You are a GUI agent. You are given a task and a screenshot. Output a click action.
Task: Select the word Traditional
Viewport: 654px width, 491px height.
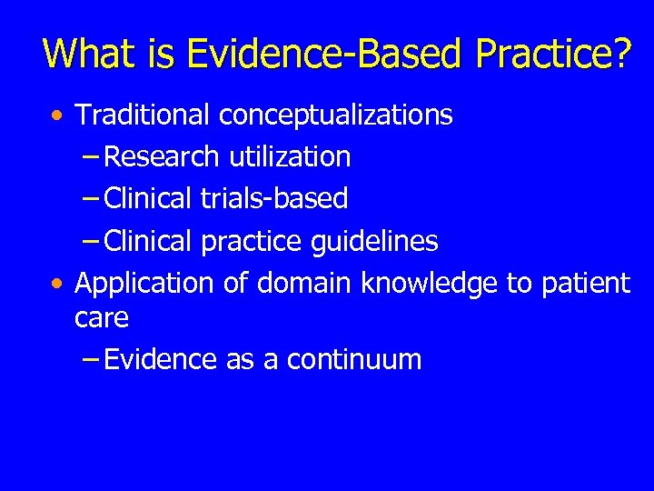pyautogui.click(x=143, y=115)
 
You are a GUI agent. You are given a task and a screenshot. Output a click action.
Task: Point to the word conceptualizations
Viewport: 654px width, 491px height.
pyautogui.click(x=335, y=115)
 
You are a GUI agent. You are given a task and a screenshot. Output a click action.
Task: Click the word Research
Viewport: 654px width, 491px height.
pyautogui.click(x=162, y=156)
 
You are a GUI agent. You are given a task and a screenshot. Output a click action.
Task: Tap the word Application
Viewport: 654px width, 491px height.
pyautogui.click(x=144, y=284)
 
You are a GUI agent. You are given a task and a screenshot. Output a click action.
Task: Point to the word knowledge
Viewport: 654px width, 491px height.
pyautogui.click(x=429, y=284)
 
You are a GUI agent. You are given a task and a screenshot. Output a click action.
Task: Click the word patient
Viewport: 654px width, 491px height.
pyautogui.click(x=586, y=284)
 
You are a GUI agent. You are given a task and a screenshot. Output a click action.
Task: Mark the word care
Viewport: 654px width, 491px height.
pyautogui.click(x=102, y=318)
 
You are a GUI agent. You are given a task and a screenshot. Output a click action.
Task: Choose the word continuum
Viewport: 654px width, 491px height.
pyautogui.click(x=354, y=360)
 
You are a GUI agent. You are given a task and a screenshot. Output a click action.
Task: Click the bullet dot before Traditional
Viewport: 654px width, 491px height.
pyautogui.click(x=58, y=116)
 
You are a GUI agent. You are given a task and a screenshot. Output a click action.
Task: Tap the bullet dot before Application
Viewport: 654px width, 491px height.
pyautogui.click(x=58, y=285)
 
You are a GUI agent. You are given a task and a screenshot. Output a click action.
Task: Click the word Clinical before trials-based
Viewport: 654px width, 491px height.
pyautogui.click(x=148, y=198)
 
